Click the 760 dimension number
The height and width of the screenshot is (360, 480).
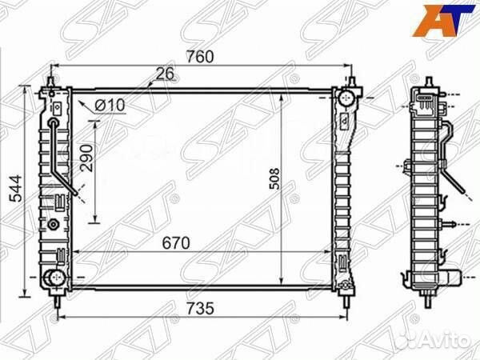pyautogui.click(x=200, y=57)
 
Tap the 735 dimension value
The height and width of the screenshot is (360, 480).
pyautogui.click(x=201, y=309)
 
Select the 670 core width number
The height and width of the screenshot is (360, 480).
pyautogui.click(x=176, y=243)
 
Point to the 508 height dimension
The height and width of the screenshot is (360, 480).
pyautogui.click(x=274, y=178)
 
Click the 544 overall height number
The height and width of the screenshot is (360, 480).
pyautogui.click(x=16, y=188)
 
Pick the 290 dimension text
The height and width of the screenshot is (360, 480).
pyautogui.click(x=86, y=158)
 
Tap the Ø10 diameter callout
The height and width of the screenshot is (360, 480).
pyautogui.click(x=110, y=106)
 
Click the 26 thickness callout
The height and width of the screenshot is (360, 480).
pyautogui.click(x=165, y=74)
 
